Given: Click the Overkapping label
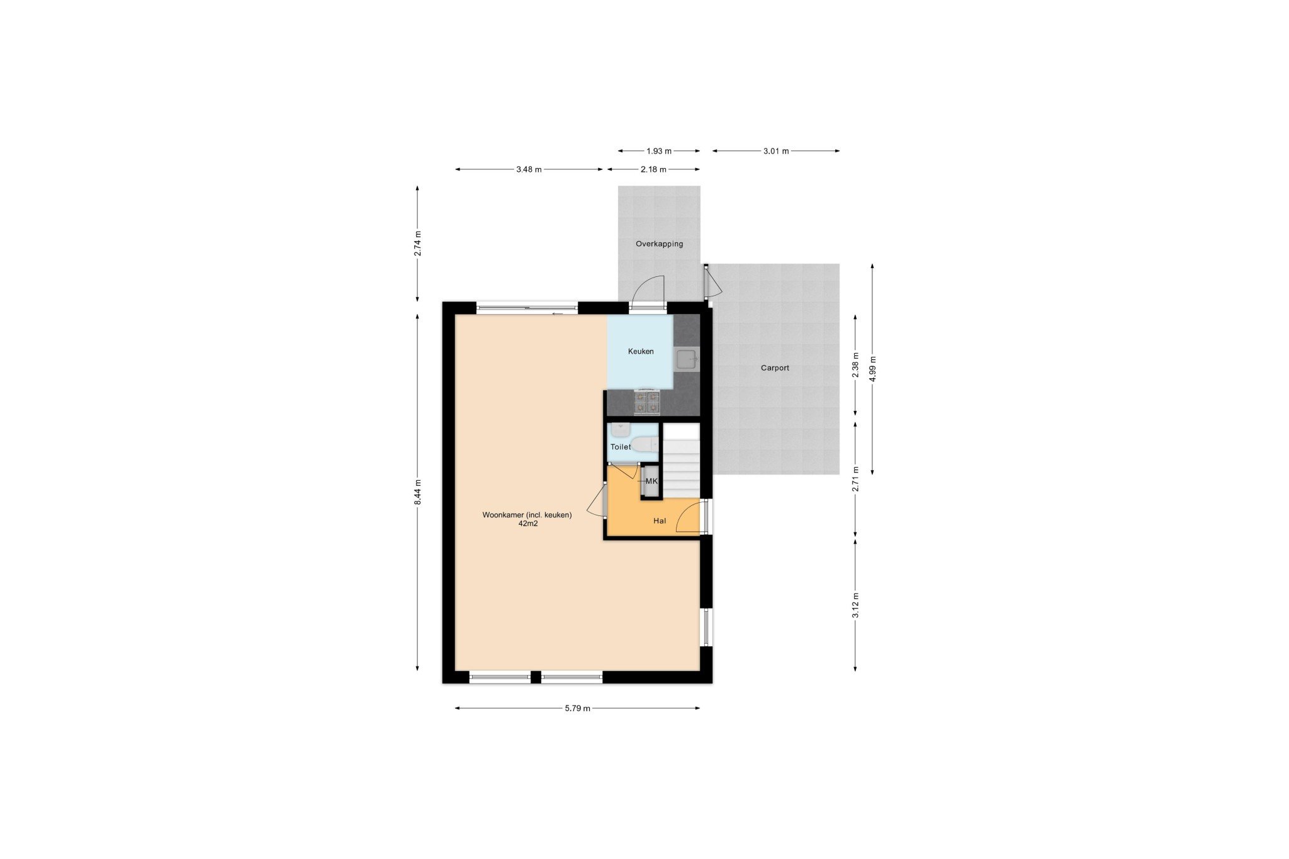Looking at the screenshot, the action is click(659, 244).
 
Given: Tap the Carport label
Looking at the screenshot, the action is click(775, 368).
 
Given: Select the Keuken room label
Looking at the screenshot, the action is click(641, 351).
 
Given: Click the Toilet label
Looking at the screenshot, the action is click(621, 447).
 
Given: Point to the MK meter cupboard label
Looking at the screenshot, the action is click(651, 481).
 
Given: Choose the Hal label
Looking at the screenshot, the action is click(660, 521).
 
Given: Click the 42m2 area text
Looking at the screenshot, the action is click(527, 523).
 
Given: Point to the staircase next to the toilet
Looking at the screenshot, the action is click(682, 460).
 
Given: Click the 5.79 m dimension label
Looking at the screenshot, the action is click(577, 708).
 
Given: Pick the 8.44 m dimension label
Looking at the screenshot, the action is click(417, 492).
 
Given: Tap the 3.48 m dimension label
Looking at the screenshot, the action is click(529, 169).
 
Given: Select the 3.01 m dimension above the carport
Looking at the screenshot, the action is click(776, 151).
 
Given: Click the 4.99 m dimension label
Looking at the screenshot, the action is click(872, 369).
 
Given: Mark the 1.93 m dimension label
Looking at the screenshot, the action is click(659, 151).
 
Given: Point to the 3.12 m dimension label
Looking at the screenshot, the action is click(855, 605).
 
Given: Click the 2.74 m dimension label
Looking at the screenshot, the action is click(417, 244).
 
